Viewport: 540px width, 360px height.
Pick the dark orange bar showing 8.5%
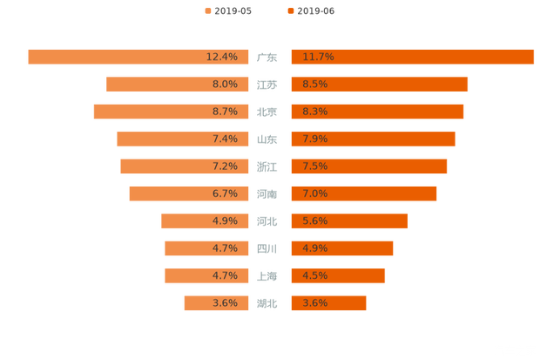click(380, 85)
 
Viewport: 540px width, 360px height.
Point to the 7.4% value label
click(225, 139)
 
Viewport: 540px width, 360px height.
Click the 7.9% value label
click(314, 139)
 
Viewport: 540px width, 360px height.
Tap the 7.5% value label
click(314, 166)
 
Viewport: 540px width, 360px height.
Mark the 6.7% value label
click(225, 194)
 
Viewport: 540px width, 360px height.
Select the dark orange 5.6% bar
click(348, 221)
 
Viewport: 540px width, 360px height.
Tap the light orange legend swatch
click(207, 11)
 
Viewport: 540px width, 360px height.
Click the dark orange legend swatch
click(289, 11)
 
